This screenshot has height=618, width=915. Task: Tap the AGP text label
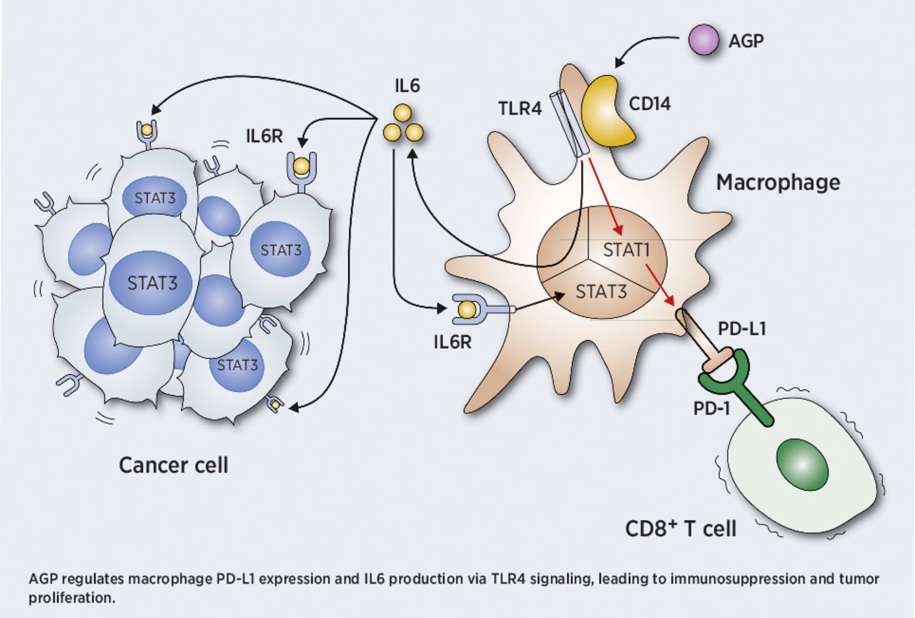pos(746,41)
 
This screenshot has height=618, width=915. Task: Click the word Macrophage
pos(778,182)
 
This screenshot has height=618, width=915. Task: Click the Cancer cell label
pos(174,465)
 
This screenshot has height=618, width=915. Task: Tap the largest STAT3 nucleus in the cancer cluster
pos(152,281)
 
